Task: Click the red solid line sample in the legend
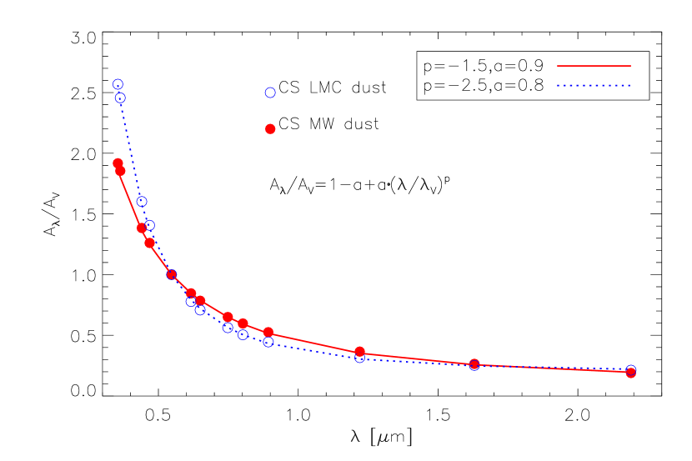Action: (x=594, y=65)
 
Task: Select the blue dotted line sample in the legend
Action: (x=594, y=85)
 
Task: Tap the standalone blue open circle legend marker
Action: (x=270, y=93)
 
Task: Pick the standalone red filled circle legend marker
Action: (x=270, y=128)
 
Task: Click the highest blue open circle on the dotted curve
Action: (x=118, y=84)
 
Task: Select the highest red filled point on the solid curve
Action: (x=118, y=163)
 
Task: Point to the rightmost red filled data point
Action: (x=631, y=373)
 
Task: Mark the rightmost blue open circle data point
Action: (x=631, y=369)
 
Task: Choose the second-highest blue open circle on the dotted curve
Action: (x=120, y=98)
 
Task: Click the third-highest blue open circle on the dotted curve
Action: (x=142, y=201)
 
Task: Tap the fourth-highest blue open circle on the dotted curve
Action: (x=149, y=225)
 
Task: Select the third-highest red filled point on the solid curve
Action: (x=142, y=228)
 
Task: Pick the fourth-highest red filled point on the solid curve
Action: (x=149, y=243)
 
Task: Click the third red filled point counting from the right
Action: (x=359, y=352)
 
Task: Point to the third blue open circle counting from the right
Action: (x=359, y=358)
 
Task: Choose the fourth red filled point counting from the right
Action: (x=268, y=332)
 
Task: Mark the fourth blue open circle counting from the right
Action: (x=268, y=342)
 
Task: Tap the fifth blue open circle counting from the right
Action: (x=243, y=334)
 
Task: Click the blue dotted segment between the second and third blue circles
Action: (x=131, y=149)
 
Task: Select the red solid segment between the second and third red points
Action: (x=131, y=199)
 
